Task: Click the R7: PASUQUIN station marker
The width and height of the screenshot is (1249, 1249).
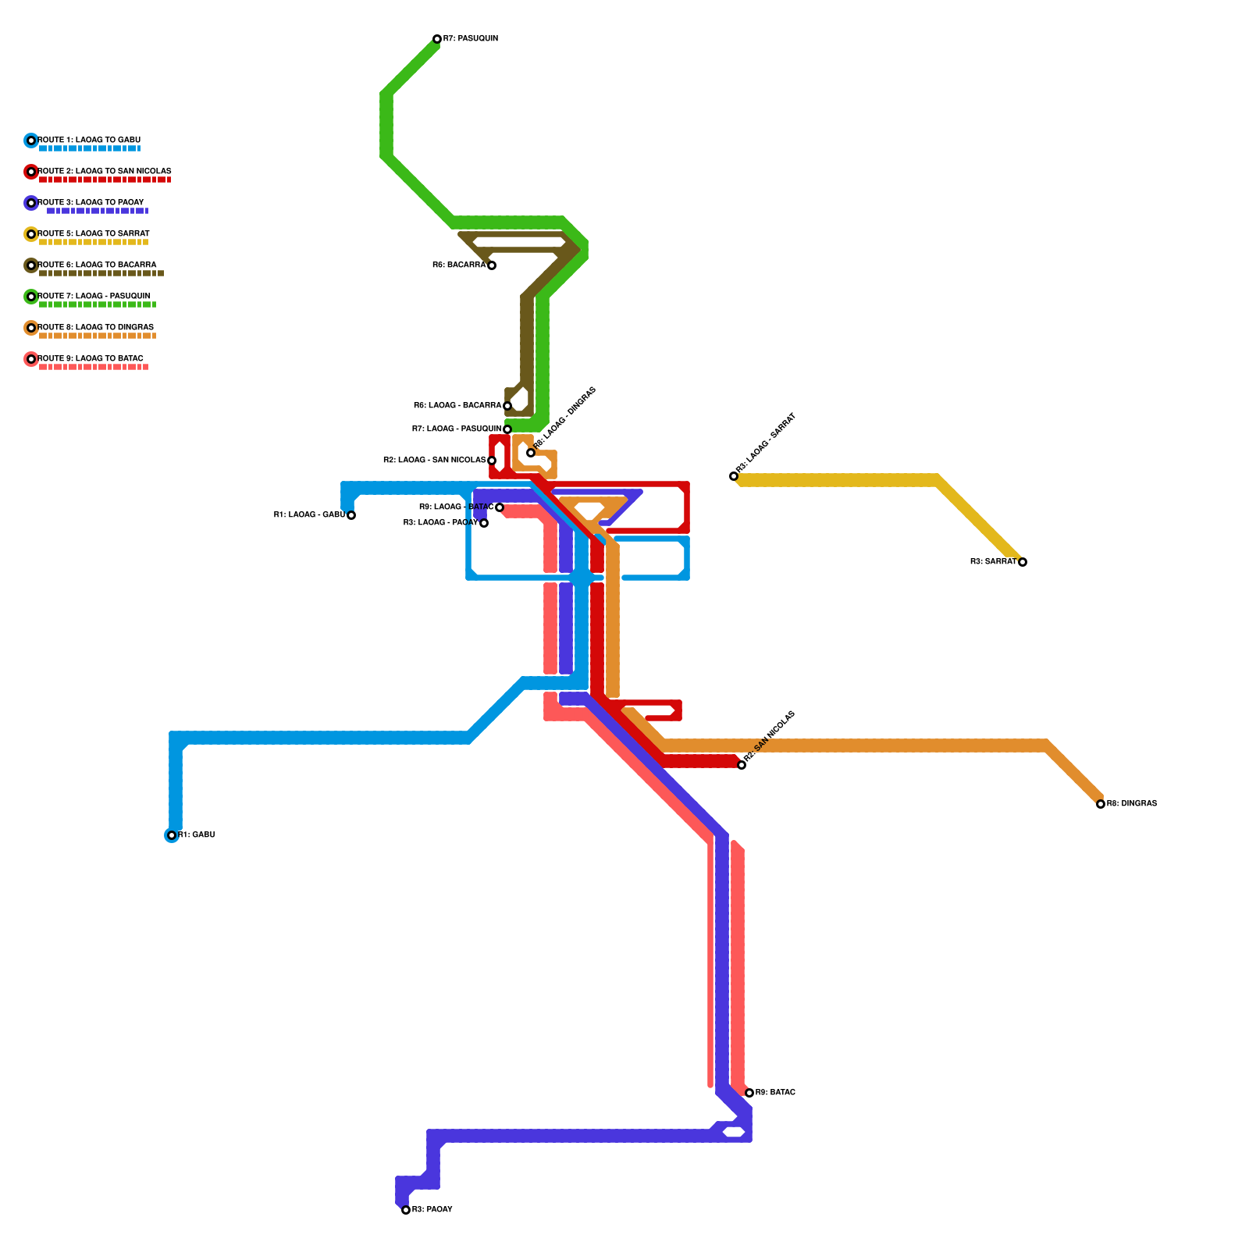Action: [437, 39]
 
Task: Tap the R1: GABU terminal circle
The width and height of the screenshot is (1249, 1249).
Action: [172, 835]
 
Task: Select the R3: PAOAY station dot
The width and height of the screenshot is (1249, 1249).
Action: [406, 1210]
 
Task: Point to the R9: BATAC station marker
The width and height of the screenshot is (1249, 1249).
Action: [749, 1093]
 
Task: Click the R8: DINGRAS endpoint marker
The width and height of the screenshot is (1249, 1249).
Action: [1101, 804]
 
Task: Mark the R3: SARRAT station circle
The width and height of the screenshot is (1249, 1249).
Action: [1023, 562]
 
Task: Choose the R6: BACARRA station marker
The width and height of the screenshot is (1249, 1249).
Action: [492, 265]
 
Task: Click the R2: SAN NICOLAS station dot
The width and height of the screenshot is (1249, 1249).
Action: [742, 765]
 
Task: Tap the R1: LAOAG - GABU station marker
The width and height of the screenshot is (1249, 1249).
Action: [351, 515]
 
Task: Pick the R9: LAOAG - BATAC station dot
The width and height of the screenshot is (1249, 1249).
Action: [500, 507]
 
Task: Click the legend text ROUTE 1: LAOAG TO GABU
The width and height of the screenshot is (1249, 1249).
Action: [89, 140]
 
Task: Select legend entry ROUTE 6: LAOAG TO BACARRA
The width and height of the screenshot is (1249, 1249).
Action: [97, 265]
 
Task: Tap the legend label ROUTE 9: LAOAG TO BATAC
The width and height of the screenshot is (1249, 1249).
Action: [91, 358]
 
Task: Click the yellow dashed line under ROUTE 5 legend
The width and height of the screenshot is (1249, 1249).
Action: [94, 242]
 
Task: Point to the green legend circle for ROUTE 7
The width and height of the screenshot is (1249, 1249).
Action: [31, 297]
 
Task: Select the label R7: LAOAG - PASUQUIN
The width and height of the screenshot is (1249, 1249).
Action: [457, 429]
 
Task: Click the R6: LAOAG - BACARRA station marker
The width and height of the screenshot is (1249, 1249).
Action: [507, 406]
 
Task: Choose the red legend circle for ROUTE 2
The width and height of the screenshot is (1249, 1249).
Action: [31, 172]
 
